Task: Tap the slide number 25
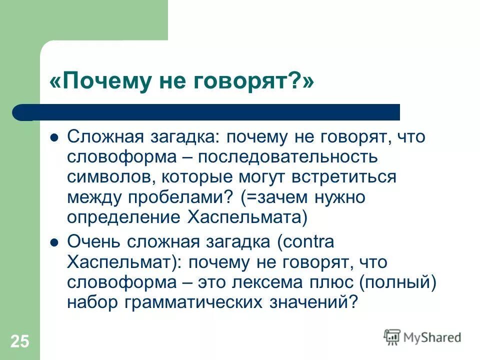pyautogui.click(x=20, y=342)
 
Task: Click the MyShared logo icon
pyautogui.click(x=392, y=337)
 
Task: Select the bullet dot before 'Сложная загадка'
pyautogui.click(x=55, y=137)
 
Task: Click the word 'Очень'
pyautogui.click(x=92, y=242)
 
